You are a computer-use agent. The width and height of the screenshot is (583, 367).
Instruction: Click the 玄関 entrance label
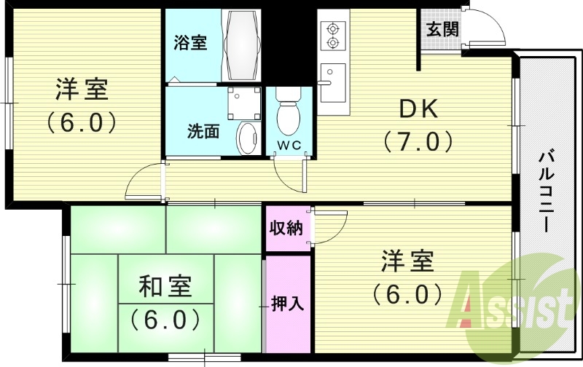click(442, 29)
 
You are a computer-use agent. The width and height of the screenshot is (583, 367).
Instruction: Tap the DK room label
click(418, 109)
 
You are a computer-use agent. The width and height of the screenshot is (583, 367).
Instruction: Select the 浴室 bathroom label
click(190, 43)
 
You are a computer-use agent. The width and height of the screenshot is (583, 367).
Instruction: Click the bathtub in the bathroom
click(242, 44)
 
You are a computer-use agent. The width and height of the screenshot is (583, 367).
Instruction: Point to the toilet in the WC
click(288, 111)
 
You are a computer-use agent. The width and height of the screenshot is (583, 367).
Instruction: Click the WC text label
click(289, 146)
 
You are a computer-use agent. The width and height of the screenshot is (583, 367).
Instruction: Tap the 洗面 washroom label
click(203, 131)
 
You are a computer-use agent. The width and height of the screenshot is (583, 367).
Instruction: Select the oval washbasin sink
click(248, 138)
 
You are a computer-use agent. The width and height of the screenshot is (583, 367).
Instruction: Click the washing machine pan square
click(244, 103)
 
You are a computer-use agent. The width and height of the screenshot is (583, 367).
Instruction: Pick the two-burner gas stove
click(332, 36)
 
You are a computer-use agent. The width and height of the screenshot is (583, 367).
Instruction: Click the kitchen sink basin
click(333, 83)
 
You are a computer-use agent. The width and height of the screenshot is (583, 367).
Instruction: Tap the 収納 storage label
click(286, 228)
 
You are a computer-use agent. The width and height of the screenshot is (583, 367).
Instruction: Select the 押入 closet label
click(288, 303)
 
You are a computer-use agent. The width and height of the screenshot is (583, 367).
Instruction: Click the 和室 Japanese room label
click(165, 286)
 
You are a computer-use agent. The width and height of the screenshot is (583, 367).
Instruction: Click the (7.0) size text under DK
click(418, 141)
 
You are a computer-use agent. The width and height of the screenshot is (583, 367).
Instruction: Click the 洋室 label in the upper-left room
click(82, 89)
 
